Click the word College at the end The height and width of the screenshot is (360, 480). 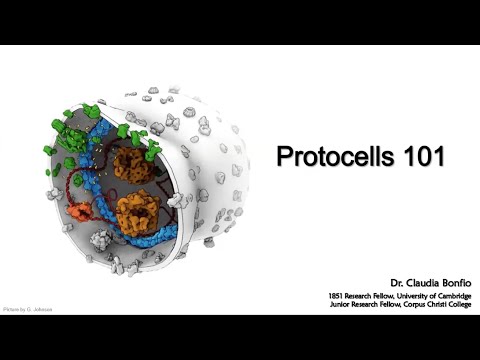click(x=454, y=306)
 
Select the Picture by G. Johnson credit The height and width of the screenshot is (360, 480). click(x=28, y=309)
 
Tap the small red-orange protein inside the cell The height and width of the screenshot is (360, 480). click(x=79, y=211)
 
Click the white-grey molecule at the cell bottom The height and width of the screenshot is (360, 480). click(x=100, y=239)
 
